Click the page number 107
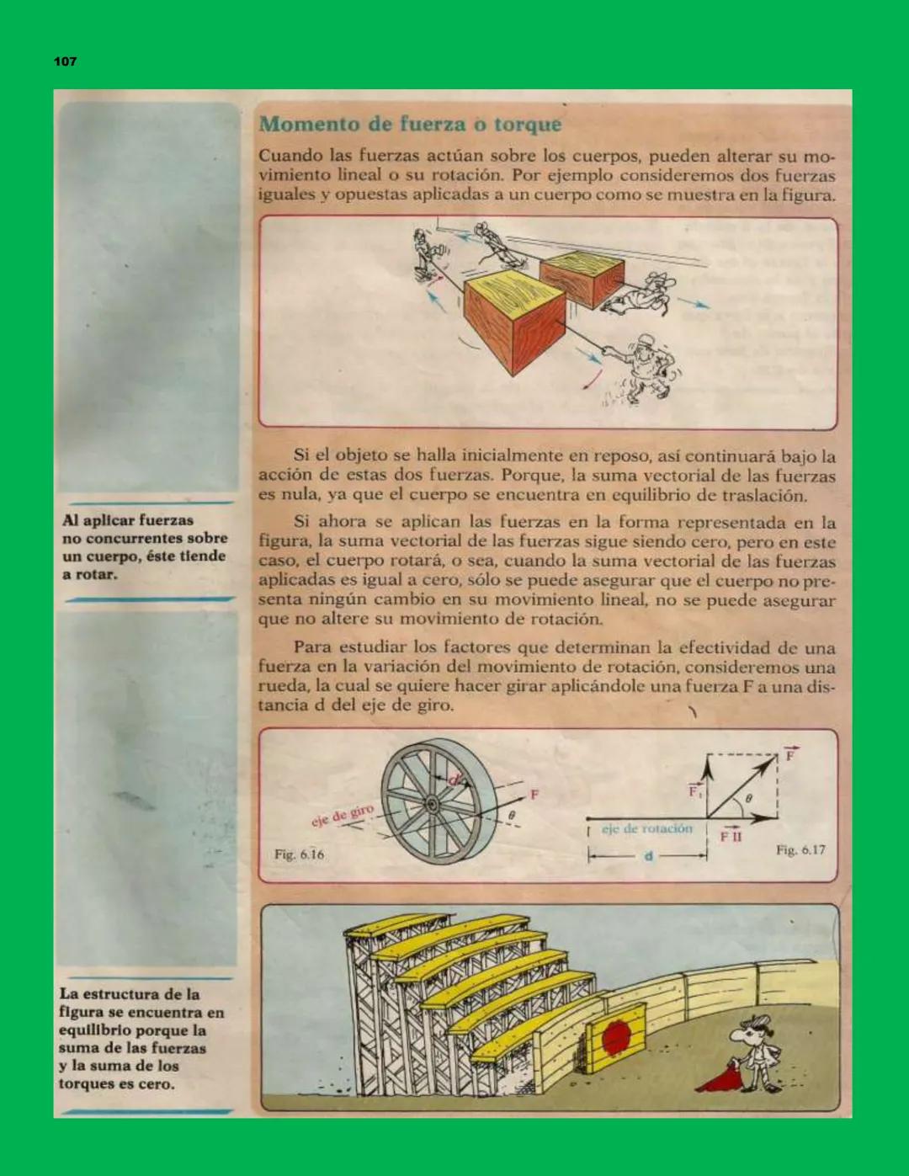pos(65,61)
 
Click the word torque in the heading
pos(528,125)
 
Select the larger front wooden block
pos(513,324)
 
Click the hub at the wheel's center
pos(431,804)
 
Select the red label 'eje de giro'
pos(342,816)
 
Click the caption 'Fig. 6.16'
pos(299,854)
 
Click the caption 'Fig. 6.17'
pos(800,850)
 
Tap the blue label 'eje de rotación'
pos(646,829)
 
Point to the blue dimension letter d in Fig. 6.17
pos(648,856)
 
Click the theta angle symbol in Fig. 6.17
pos(748,797)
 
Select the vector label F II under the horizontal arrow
pos(731,837)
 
